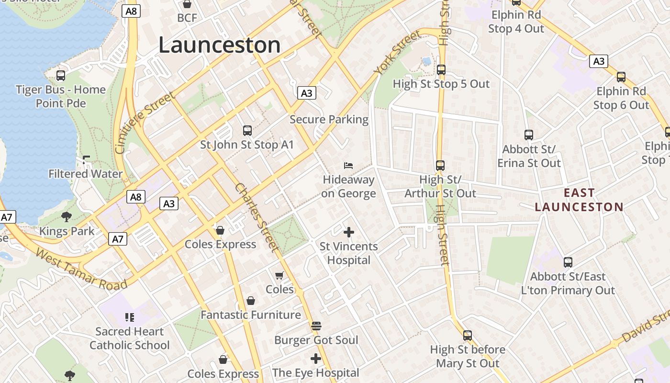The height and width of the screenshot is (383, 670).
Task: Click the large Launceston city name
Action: point(219,45)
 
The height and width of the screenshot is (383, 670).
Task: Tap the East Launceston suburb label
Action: point(579,200)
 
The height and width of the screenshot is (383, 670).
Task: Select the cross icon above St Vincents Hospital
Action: point(349,233)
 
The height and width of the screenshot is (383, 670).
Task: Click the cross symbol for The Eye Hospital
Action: point(316,359)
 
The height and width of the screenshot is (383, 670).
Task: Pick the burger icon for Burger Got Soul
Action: point(316,326)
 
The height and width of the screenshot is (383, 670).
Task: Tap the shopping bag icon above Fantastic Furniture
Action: point(251,301)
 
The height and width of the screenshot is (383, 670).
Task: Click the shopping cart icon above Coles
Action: point(279,275)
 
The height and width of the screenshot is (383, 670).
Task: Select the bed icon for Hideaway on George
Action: point(349,166)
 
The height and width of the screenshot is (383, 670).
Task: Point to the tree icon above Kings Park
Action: point(67,217)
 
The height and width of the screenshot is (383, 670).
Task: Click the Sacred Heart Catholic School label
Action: point(129,338)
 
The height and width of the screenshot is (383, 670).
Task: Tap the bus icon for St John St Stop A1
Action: point(247,130)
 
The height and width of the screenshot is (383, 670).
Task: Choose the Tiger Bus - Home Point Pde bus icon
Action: point(61,76)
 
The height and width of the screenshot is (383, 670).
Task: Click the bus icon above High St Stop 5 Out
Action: point(441,70)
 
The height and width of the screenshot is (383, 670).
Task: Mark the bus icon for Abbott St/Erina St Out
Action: point(529,135)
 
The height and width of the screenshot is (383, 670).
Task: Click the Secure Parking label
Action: point(329,119)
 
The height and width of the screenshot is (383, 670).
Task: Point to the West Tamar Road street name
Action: point(81,269)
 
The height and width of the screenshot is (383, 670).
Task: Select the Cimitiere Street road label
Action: point(145,123)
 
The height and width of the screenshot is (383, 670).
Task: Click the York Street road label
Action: point(398,52)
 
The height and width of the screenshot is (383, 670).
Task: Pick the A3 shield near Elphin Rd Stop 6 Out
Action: point(599,61)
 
